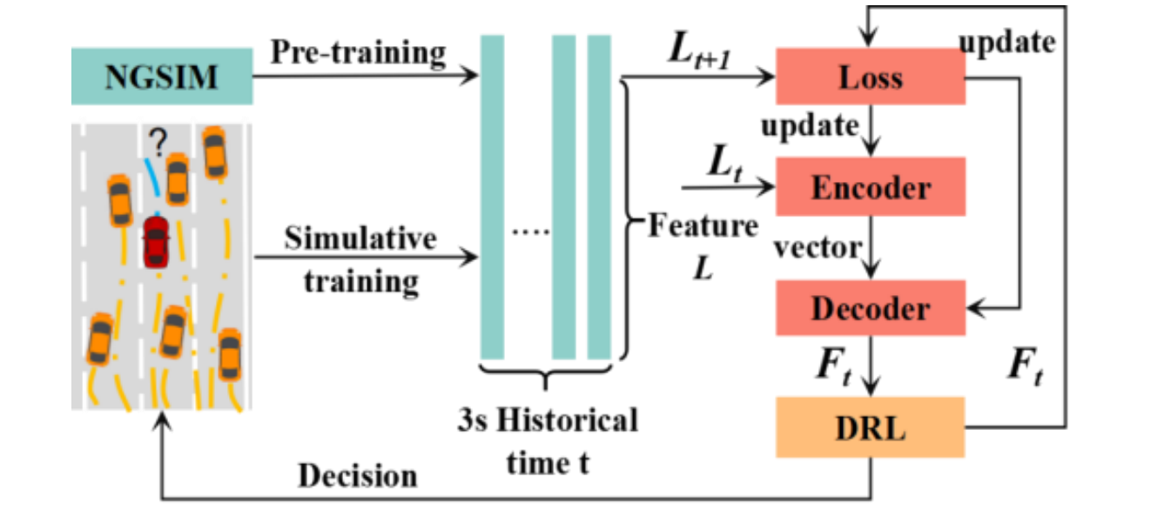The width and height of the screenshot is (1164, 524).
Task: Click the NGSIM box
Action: pos(162,77)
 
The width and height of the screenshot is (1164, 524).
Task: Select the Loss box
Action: pos(871,77)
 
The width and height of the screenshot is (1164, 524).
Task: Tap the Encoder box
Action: pos(871,186)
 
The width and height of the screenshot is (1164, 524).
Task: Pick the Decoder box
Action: pos(871,308)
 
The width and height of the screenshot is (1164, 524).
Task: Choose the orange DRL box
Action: pos(871,427)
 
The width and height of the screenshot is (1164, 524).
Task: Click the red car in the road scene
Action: pos(156,242)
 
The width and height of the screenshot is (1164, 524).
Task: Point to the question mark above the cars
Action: pos(158,142)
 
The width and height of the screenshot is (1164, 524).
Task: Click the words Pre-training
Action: pos(359,53)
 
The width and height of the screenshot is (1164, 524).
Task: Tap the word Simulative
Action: pos(360,238)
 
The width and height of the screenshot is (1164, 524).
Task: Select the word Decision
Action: pos(358,476)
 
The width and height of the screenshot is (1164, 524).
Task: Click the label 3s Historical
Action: pos(548,420)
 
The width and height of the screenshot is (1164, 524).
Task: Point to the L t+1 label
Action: pos(700,50)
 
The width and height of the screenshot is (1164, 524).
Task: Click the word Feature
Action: pos(703,226)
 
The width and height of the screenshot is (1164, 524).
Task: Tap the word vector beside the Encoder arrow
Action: pos(817,247)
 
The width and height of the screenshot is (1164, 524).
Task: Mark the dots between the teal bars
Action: pos(530,232)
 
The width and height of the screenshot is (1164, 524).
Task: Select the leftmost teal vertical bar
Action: pos(493,198)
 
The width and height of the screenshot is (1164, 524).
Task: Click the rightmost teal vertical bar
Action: pos(599,198)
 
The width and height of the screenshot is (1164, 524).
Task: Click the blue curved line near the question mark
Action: pos(152,177)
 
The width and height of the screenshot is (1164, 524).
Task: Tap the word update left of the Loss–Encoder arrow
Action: pos(810,125)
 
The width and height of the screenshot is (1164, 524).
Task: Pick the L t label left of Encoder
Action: pos(725,163)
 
